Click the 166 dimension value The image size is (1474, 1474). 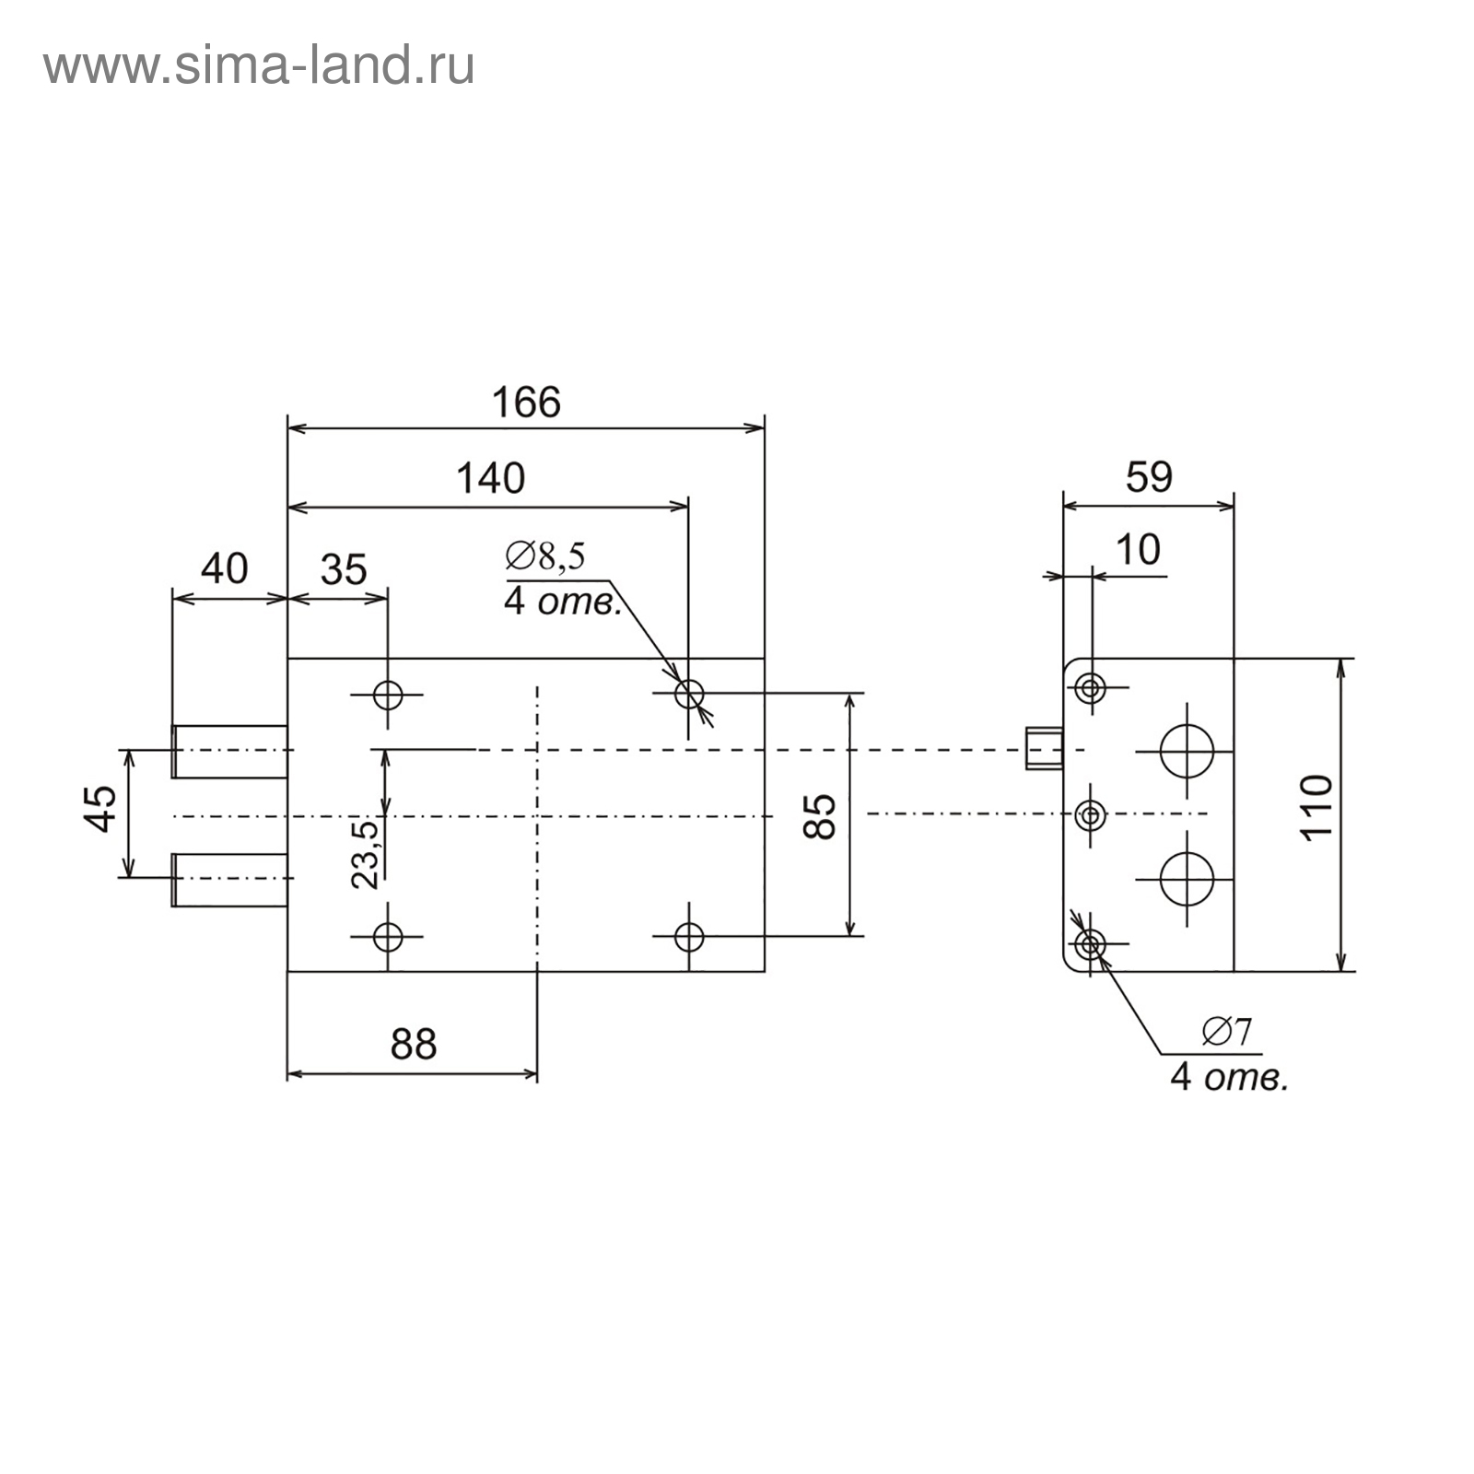[x=525, y=404]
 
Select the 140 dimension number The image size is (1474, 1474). [x=490, y=479]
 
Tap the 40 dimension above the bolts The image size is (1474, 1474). [x=224, y=568]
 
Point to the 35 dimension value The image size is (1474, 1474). [x=344, y=570]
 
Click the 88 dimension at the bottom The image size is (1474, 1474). [x=414, y=1045]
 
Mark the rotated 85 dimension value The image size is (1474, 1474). [x=819, y=815]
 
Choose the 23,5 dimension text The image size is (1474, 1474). [x=366, y=854]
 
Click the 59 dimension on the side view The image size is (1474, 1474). [x=1149, y=477]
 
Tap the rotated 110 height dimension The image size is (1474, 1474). [x=1317, y=807]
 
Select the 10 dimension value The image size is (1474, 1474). [x=1138, y=550]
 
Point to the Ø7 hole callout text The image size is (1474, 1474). [x=1227, y=1032]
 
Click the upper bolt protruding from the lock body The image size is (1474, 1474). [x=229, y=751]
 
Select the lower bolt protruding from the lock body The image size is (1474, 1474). [x=229, y=879]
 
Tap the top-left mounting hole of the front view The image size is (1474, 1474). [x=388, y=694]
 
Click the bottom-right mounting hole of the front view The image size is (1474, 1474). [x=688, y=937]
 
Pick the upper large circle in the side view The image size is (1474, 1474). [x=1187, y=751]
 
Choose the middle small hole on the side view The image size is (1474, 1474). [x=1091, y=814]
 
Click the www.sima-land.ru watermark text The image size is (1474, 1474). [x=259, y=67]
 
